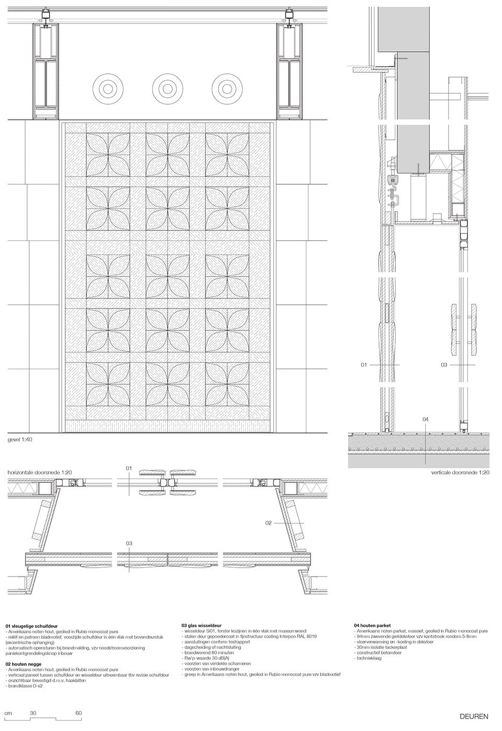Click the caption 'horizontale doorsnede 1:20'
[40, 472]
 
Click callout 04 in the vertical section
[425, 419]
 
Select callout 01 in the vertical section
[364, 364]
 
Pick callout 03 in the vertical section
[444, 364]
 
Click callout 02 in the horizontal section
[268, 522]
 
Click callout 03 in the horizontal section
[129, 543]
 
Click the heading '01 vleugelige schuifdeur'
[31, 626]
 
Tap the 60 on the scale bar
[78, 713]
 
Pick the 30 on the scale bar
[32, 713]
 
